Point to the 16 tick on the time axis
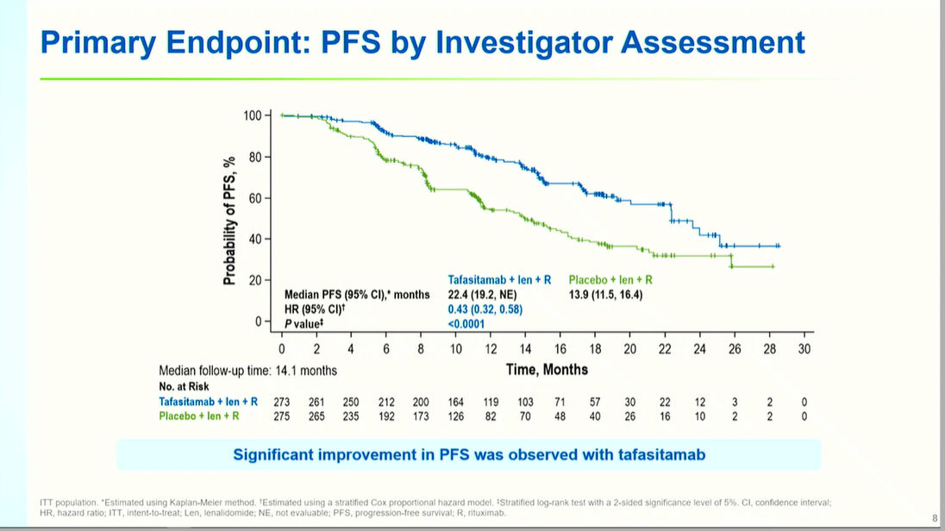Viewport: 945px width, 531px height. point(560,348)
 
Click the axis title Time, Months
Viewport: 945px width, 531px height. point(547,369)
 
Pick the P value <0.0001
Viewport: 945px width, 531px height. point(466,324)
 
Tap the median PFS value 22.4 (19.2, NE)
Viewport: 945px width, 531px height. point(489,295)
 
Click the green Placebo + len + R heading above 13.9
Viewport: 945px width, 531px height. point(610,279)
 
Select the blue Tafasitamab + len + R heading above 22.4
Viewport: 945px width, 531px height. point(499,279)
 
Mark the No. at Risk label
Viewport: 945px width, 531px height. point(184,386)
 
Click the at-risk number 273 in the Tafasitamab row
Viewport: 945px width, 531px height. point(282,402)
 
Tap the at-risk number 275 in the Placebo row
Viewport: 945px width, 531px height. point(282,416)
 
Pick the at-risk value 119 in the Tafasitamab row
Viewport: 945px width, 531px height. point(491,402)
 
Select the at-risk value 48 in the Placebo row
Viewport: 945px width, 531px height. point(560,416)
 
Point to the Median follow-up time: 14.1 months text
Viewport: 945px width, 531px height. point(248,371)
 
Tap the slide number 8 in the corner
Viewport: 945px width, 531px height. point(935,518)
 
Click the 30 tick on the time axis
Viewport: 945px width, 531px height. point(804,348)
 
